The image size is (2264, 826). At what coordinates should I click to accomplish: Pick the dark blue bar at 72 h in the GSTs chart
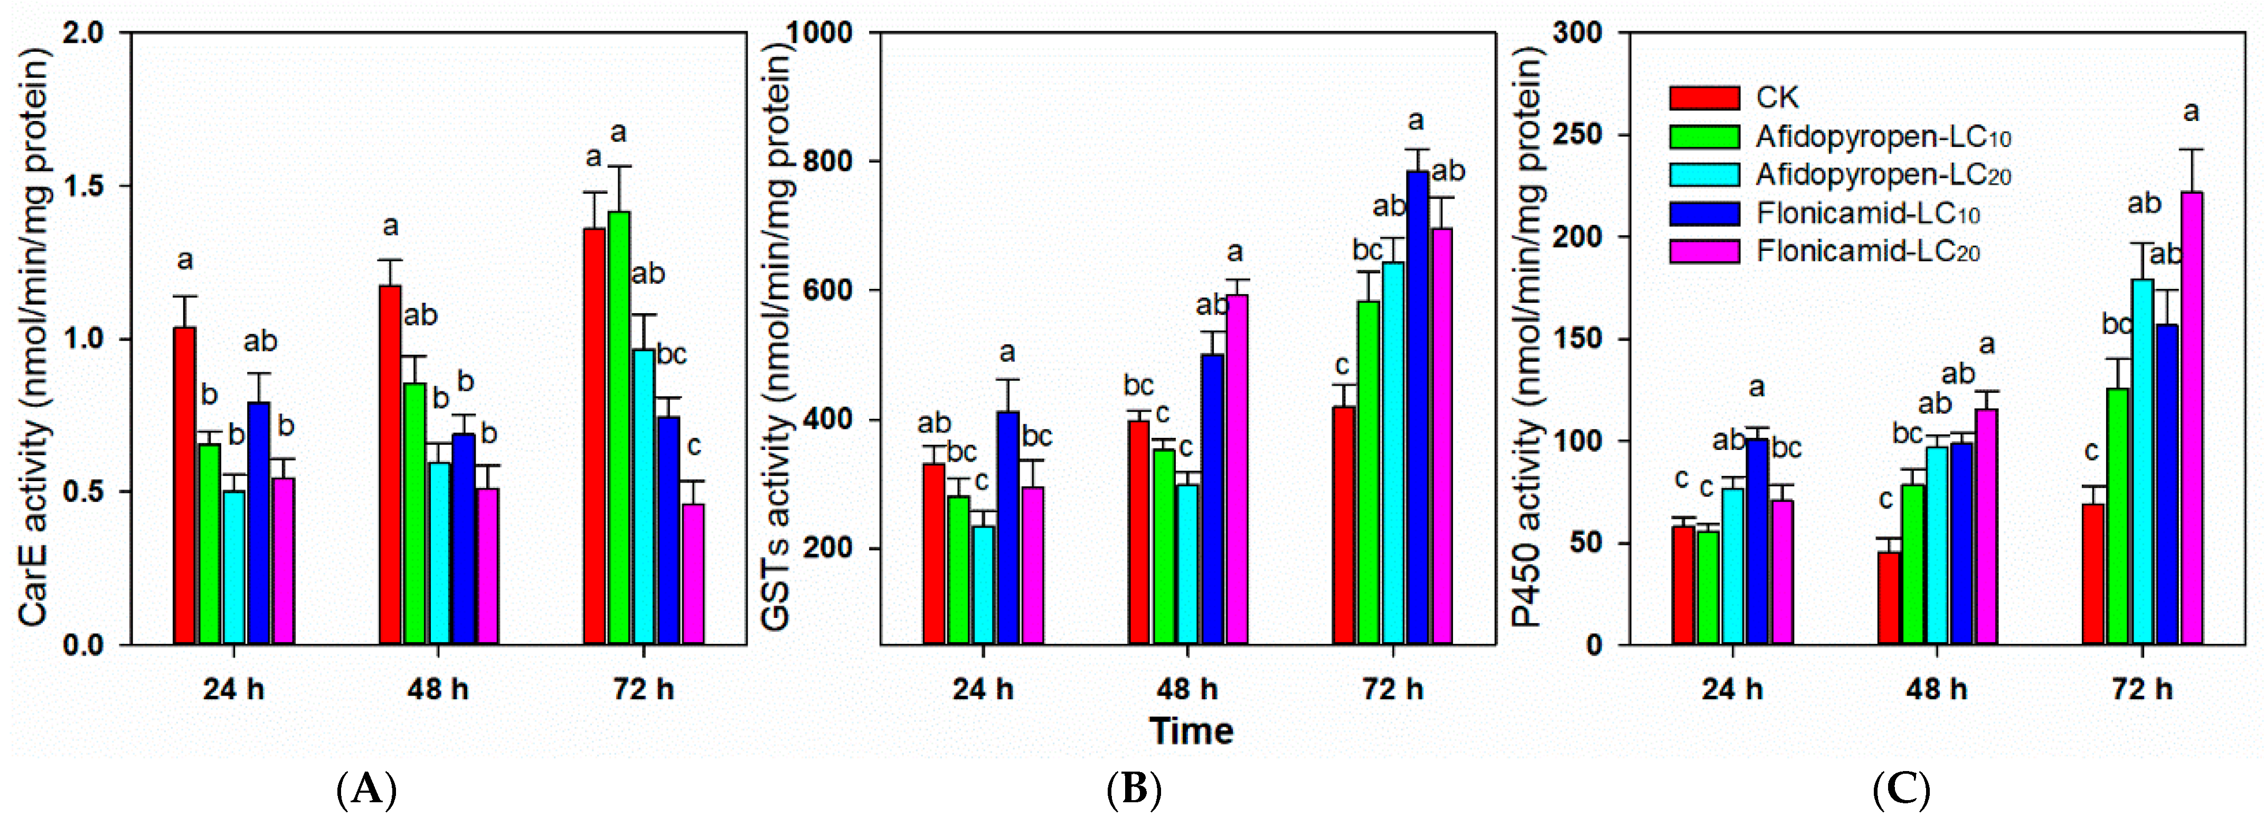1417,409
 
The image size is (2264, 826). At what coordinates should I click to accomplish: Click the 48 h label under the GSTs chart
1187,689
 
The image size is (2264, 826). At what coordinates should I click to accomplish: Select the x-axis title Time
1191,731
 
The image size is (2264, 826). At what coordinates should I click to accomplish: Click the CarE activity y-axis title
33,339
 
